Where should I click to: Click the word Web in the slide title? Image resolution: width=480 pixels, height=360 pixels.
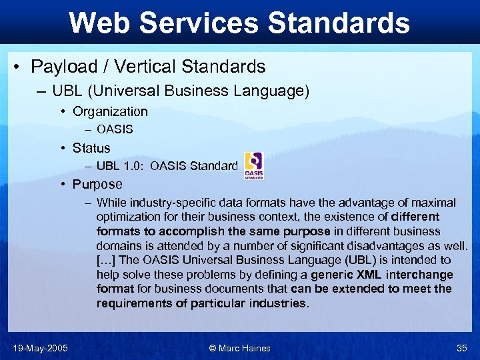click(97, 23)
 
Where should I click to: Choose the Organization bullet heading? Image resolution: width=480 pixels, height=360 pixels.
click(110, 111)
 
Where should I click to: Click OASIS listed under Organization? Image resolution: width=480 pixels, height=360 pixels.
click(115, 129)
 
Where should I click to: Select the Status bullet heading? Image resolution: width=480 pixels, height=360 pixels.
click(91, 148)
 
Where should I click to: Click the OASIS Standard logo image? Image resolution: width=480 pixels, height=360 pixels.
click(253, 165)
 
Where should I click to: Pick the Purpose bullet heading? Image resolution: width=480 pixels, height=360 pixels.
click(97, 184)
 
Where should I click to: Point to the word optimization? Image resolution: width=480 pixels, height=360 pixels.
click(126, 217)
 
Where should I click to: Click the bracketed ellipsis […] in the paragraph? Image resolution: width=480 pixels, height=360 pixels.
click(107, 260)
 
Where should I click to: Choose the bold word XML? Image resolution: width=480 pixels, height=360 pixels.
click(365, 275)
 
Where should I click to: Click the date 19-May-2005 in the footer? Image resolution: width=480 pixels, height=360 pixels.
click(39, 348)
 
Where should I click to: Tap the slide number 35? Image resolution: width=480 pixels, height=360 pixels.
click(461, 348)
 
